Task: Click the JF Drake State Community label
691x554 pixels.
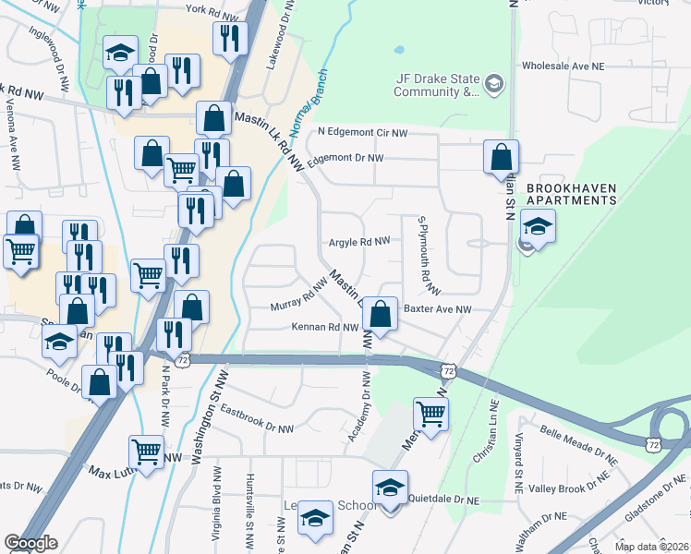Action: coord(438,85)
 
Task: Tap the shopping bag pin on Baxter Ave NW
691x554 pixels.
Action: coord(380,315)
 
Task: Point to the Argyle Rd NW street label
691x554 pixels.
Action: coord(359,242)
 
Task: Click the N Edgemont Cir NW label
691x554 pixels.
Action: coord(362,133)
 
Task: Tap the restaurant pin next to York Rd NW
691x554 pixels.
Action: coord(227,39)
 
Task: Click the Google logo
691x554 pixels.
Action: coord(30,543)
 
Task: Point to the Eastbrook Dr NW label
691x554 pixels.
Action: coord(257,420)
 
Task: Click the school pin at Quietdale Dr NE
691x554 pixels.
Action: coord(390,488)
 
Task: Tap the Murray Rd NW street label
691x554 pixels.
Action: coord(299,297)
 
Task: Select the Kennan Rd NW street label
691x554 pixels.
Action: coord(324,328)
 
